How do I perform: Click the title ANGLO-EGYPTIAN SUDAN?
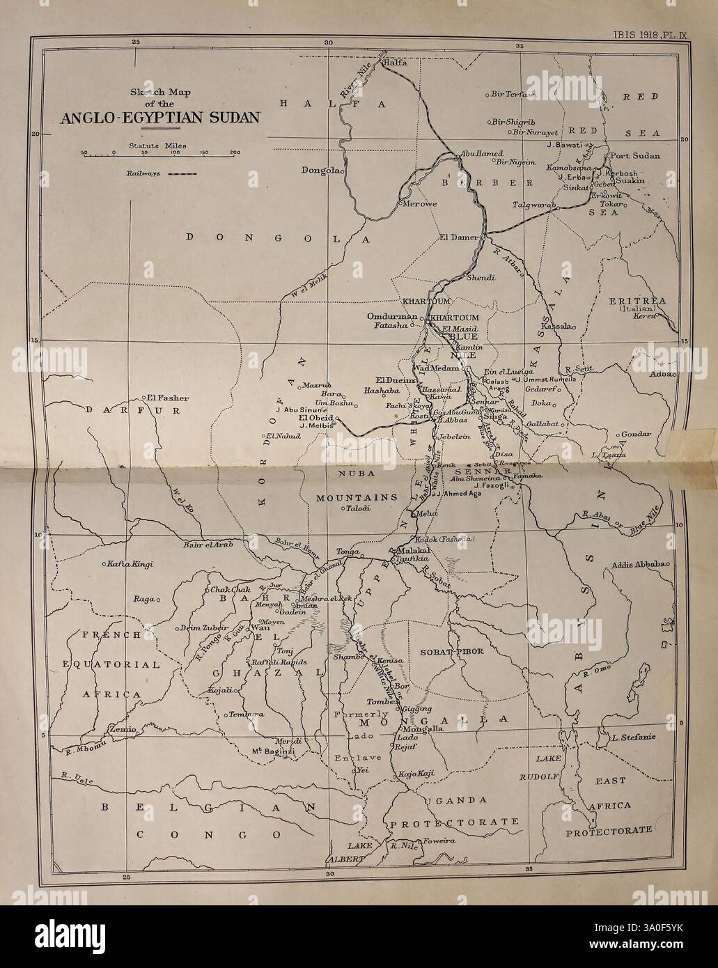tap(160, 117)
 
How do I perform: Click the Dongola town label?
tap(319, 170)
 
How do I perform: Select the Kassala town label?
tap(556, 326)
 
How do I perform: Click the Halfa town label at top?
tap(395, 63)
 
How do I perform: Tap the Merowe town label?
tap(416, 204)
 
